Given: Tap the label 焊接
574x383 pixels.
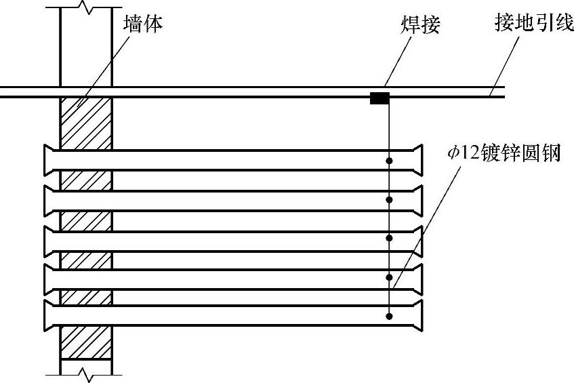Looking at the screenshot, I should pyautogui.click(x=419, y=26).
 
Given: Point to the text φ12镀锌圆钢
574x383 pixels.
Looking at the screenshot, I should pyautogui.click(x=504, y=154).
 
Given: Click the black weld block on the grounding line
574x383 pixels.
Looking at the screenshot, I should pyautogui.click(x=380, y=98).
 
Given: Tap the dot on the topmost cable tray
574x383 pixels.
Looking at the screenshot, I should pyautogui.click(x=389, y=161).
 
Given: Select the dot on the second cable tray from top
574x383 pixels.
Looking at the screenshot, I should pyautogui.click(x=389, y=199).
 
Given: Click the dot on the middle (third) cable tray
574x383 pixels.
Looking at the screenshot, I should pyautogui.click(x=389, y=238).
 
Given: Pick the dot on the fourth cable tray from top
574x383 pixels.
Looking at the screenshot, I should pyautogui.click(x=389, y=277).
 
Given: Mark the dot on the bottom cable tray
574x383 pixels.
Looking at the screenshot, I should pyautogui.click(x=389, y=315).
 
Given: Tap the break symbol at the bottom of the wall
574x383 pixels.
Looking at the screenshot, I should pyautogui.click(x=86, y=374).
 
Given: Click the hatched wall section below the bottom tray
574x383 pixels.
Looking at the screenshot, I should pyautogui.click(x=86, y=346).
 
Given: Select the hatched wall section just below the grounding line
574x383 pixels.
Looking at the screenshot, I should pyautogui.click(x=86, y=122).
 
